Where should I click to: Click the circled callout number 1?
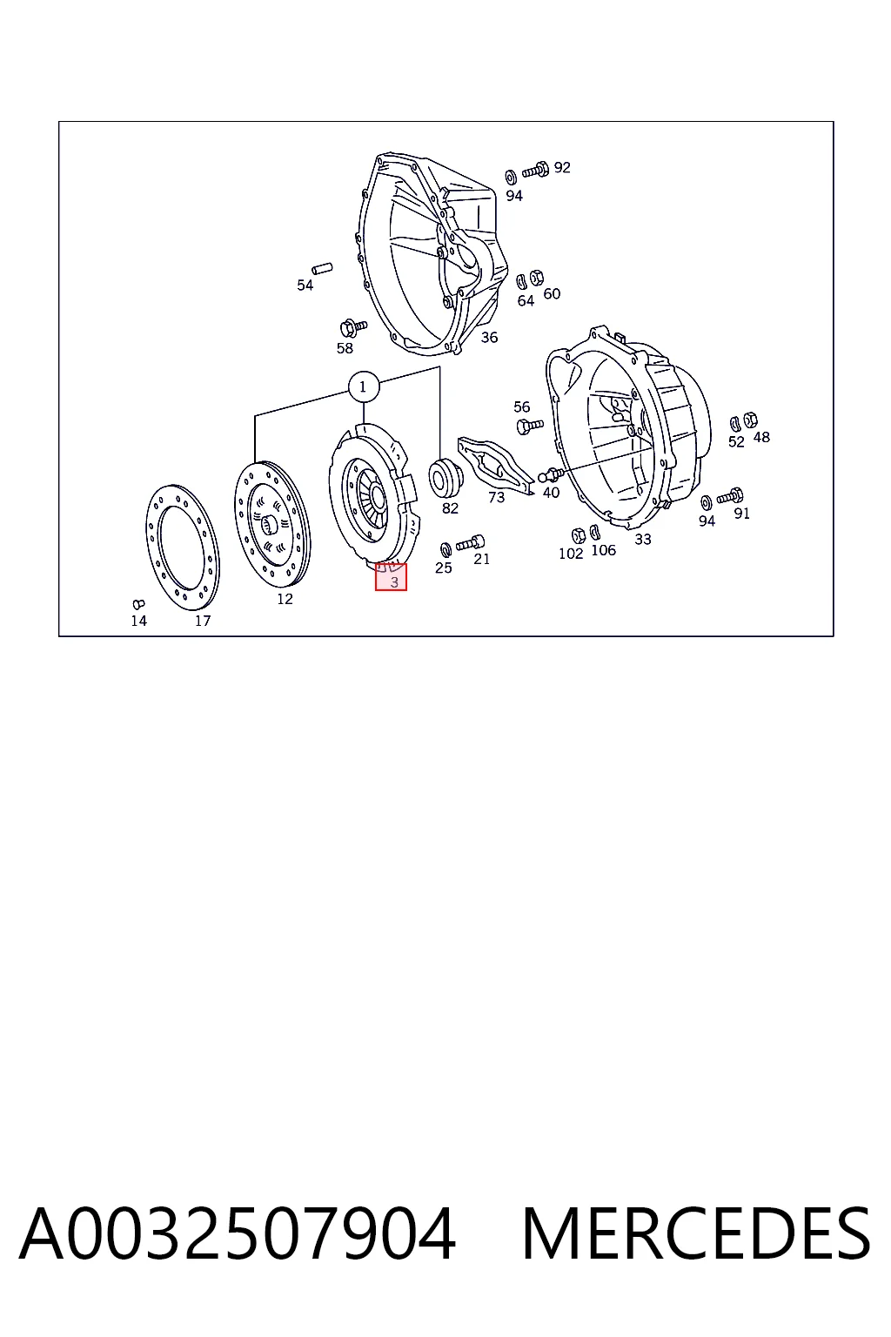click(x=364, y=387)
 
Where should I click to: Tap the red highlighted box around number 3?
click(x=391, y=577)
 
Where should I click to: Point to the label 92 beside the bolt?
click(x=562, y=168)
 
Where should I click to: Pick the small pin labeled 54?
click(x=323, y=268)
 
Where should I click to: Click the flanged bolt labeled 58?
click(x=352, y=327)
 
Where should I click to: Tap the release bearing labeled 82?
click(x=445, y=477)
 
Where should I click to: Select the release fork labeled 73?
click(x=494, y=465)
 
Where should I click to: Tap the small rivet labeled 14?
click(x=138, y=605)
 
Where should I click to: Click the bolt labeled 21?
click(x=470, y=544)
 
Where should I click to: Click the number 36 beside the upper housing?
click(x=489, y=338)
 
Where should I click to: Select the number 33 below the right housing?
click(x=643, y=540)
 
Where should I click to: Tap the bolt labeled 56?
click(x=529, y=427)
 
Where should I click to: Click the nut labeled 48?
click(x=752, y=420)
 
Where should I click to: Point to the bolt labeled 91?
click(x=730, y=496)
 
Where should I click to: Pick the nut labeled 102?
click(x=578, y=535)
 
